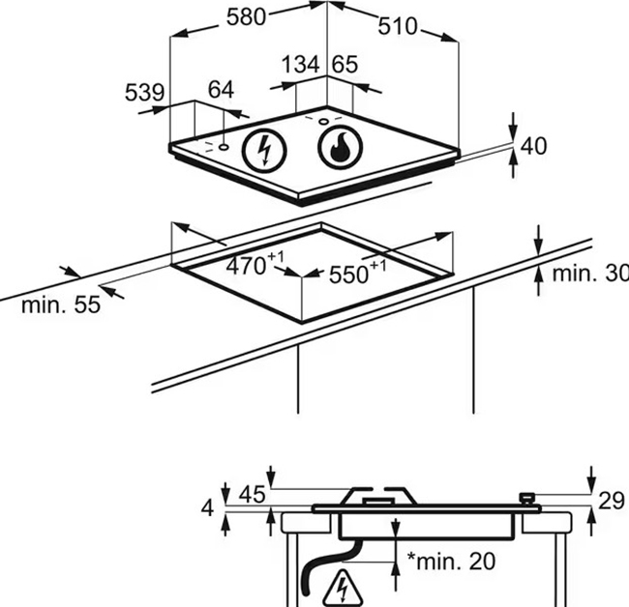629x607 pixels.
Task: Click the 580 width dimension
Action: (x=248, y=17)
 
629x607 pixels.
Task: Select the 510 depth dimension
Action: (x=397, y=26)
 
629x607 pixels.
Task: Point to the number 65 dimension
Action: (x=344, y=65)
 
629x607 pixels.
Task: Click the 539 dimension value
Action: (x=143, y=93)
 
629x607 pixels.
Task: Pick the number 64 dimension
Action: (x=221, y=91)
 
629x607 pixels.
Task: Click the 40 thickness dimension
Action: (x=534, y=146)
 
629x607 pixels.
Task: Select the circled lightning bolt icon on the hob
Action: (x=263, y=150)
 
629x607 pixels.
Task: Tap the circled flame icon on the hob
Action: (x=340, y=148)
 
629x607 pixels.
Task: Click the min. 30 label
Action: (x=589, y=274)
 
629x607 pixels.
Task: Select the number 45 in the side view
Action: (x=252, y=495)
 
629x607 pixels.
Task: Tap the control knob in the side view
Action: (x=528, y=498)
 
